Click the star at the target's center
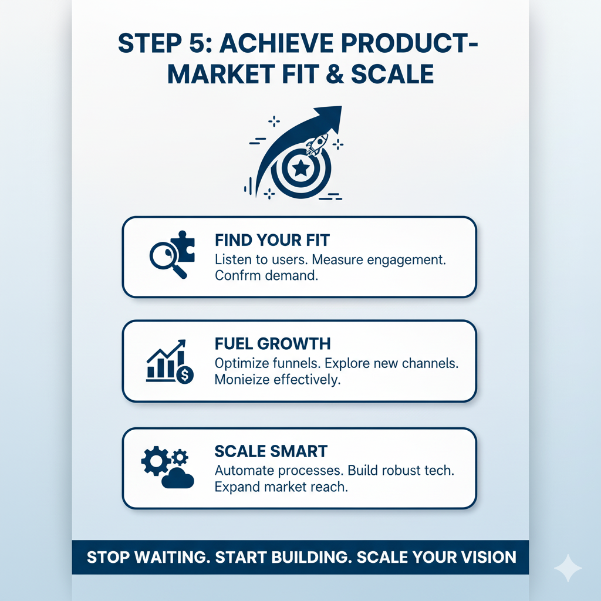pyautogui.click(x=301, y=169)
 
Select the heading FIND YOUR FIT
pyautogui.click(x=272, y=241)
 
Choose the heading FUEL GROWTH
pyautogui.click(x=272, y=344)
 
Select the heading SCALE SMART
pyautogui.click(x=271, y=452)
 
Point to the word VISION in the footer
pyautogui.click(x=488, y=557)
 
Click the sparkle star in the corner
pyautogui.click(x=568, y=568)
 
